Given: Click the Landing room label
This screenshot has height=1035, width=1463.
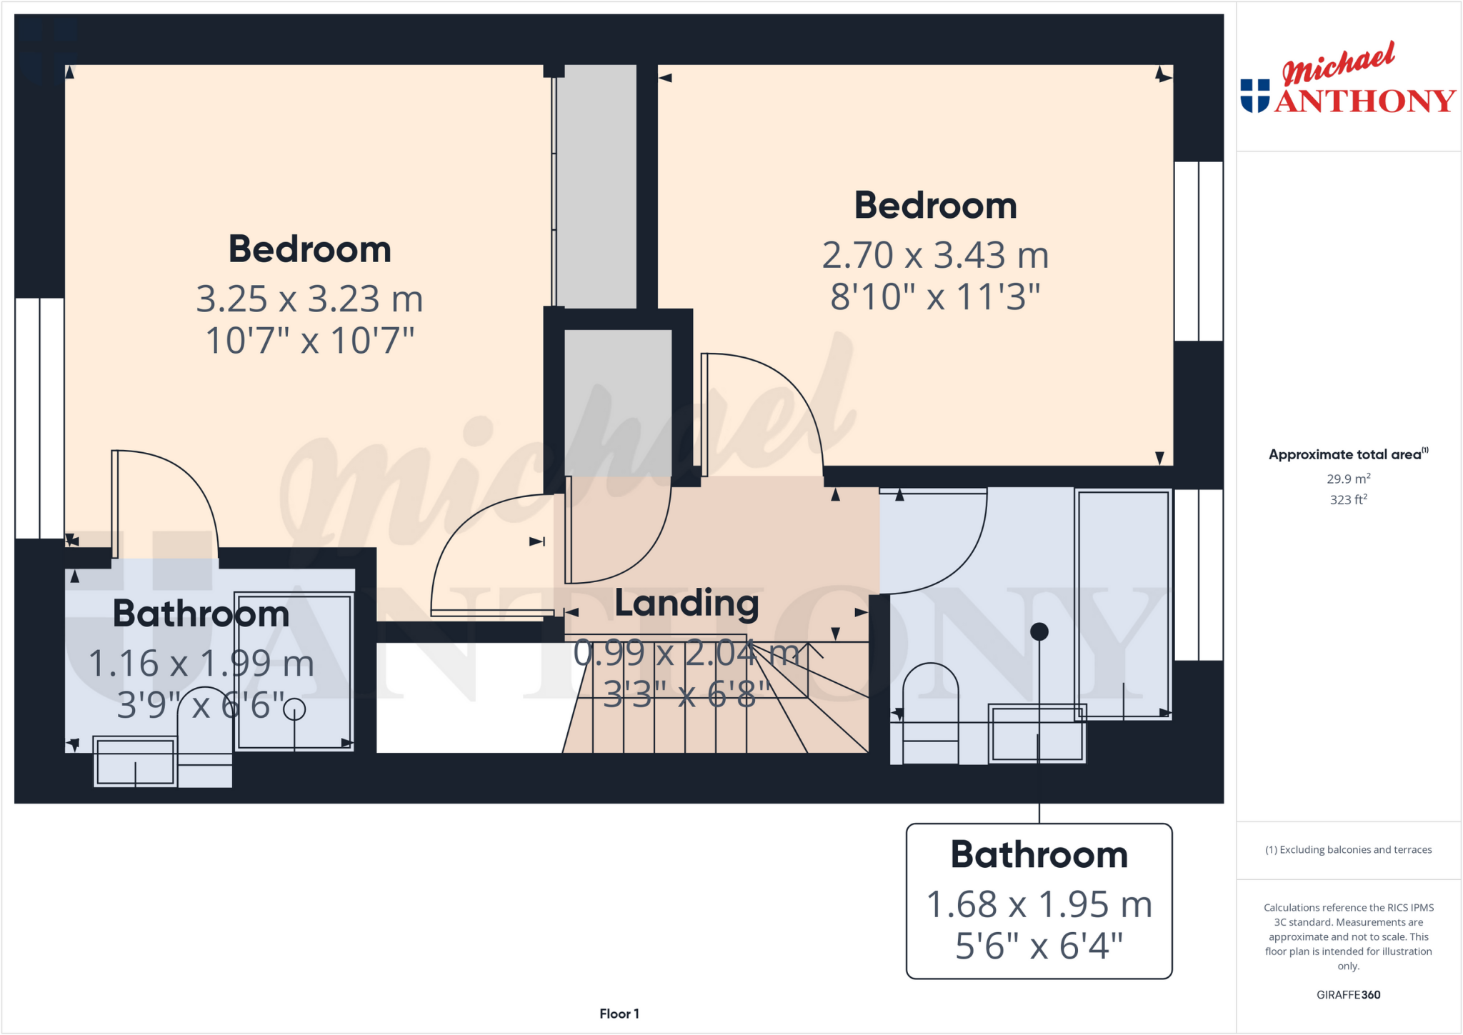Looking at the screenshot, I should (686, 604).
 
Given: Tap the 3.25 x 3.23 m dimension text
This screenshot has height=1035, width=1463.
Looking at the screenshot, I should (309, 299).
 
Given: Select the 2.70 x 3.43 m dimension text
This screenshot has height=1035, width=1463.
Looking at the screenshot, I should (935, 256).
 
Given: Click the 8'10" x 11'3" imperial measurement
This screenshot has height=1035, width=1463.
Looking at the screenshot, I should (935, 297).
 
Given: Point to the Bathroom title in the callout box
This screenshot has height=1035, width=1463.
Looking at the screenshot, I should (1039, 855).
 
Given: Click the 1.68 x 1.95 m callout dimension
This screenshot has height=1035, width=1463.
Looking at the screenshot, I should (1039, 905).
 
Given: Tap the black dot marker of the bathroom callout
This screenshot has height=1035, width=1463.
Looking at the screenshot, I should (1039, 631).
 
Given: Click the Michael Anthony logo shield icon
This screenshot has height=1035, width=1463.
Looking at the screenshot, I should (1255, 96).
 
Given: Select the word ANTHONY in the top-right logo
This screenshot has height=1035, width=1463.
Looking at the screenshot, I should (1365, 101).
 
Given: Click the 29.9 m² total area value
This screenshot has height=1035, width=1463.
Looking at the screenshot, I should (1348, 479).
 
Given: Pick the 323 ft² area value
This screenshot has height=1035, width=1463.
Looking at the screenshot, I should (1348, 500).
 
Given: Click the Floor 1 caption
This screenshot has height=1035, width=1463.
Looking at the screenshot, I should (619, 1014).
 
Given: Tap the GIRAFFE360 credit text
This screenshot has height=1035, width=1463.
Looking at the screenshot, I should (1348, 995).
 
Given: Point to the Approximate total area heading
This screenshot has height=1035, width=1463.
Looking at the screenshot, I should (1347, 455).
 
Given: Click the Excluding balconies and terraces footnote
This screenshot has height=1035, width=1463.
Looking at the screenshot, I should (1348, 850).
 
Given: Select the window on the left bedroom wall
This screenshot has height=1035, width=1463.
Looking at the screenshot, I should (40, 418).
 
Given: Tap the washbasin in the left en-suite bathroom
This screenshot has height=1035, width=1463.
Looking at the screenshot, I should (135, 761).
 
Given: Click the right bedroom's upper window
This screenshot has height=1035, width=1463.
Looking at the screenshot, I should (1199, 251).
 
